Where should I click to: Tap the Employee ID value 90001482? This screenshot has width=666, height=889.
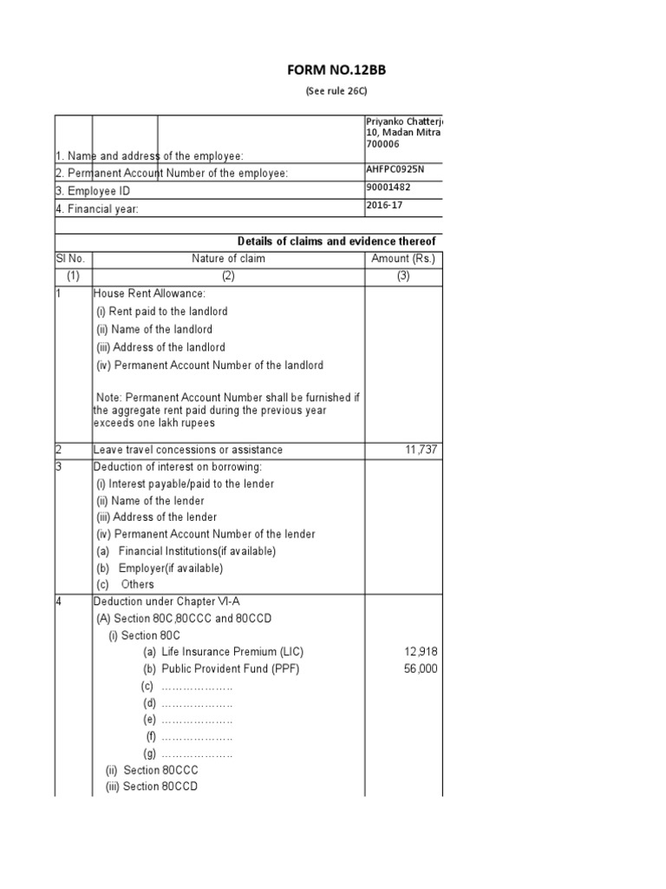(x=391, y=188)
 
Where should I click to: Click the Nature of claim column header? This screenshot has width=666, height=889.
(x=229, y=259)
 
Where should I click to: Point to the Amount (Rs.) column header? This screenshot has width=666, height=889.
(x=403, y=259)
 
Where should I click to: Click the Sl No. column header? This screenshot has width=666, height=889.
(x=73, y=259)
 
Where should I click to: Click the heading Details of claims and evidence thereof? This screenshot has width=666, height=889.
(x=336, y=240)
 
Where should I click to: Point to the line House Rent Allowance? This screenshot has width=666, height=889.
(x=149, y=294)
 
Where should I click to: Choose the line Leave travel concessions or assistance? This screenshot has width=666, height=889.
(x=188, y=450)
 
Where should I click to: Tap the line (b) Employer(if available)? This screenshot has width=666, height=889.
(x=160, y=568)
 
